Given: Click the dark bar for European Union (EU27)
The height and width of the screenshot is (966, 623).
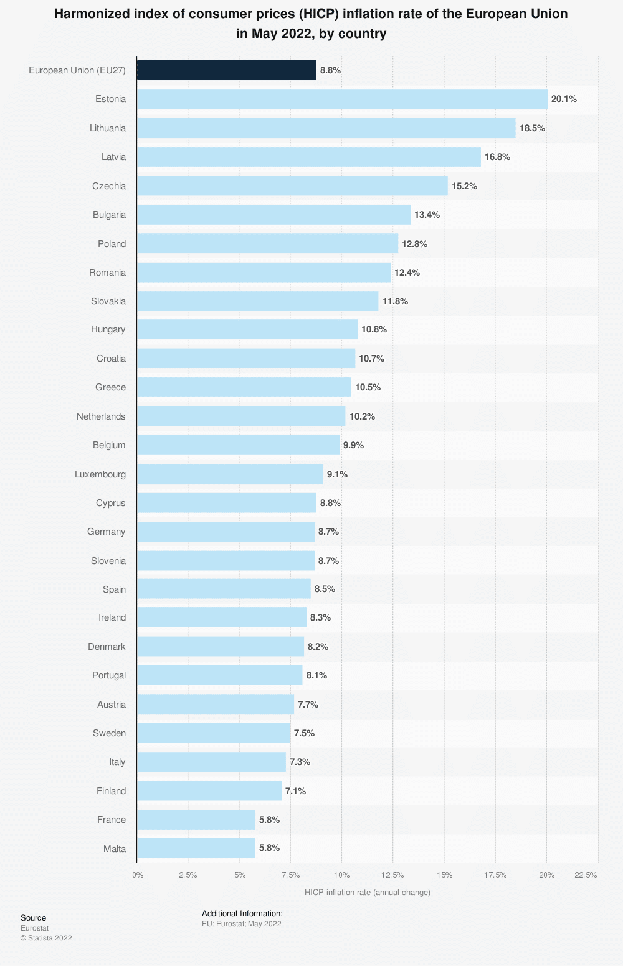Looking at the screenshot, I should click(227, 70).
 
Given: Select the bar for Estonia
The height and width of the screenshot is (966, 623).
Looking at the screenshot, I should click(342, 99).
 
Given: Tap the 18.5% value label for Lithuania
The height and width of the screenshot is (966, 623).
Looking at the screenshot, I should click(532, 128).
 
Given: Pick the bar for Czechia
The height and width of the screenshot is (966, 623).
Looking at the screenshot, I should click(292, 185).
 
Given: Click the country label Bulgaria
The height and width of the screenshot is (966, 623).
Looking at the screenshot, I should click(109, 215).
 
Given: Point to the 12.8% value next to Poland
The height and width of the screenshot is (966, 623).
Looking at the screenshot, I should click(414, 244).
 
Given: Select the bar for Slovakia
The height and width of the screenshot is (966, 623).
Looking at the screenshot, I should click(257, 301).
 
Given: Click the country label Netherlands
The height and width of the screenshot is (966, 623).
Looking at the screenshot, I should click(101, 416).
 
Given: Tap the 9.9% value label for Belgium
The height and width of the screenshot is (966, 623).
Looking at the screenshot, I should click(353, 445).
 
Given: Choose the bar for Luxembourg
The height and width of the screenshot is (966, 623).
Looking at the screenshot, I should click(230, 474).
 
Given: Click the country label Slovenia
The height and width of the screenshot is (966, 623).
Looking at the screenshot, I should click(108, 561).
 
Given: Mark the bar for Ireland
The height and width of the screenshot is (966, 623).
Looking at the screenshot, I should click(222, 617).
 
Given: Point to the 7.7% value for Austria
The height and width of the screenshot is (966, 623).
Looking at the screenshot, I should click(308, 705).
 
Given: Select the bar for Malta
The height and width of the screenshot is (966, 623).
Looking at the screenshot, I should click(196, 848).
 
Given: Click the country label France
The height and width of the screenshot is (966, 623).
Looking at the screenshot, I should click(112, 820).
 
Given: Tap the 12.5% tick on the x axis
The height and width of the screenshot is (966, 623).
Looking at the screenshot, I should click(392, 875).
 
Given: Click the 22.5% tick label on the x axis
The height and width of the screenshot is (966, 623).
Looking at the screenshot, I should click(586, 875).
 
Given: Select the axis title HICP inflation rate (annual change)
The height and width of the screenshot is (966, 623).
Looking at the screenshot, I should click(368, 893).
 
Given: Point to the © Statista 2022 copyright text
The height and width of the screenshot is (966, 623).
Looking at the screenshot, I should click(46, 938).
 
